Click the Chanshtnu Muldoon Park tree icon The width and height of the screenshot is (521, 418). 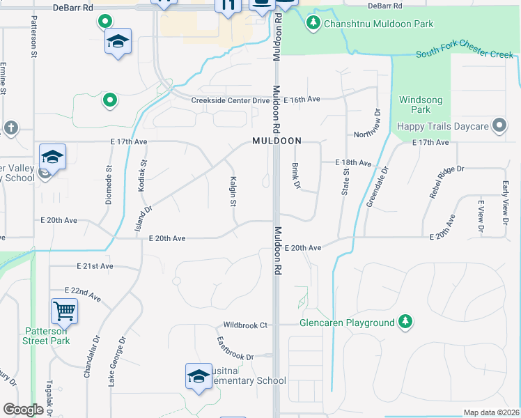point(313,24)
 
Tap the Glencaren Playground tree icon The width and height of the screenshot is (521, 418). point(405,322)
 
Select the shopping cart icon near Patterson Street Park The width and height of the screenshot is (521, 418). point(64,311)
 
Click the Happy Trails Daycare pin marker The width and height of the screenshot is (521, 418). point(499,126)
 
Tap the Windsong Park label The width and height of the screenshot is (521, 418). point(415,104)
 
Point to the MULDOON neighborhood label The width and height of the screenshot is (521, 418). point(277,141)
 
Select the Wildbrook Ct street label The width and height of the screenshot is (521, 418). point(245,325)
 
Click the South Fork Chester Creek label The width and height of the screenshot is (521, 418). point(460,54)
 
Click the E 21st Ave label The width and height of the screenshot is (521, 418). point(95,266)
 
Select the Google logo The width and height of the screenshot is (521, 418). point(23,410)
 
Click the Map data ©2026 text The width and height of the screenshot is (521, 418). point(490,412)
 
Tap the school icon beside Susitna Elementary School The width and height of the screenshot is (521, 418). point(199,376)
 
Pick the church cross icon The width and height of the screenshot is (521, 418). point(10,127)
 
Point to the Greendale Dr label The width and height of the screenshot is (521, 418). point(377,186)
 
